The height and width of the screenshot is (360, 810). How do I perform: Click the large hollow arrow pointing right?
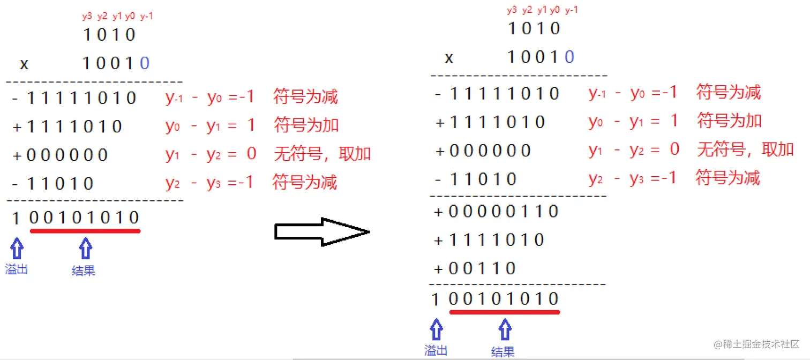tap(321, 231)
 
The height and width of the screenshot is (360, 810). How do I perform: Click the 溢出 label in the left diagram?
tap(16, 269)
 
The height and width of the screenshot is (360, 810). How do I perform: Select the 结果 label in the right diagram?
tap(502, 351)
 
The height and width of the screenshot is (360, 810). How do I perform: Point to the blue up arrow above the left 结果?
tap(85, 249)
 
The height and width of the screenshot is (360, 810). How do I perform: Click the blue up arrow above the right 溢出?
tap(437, 329)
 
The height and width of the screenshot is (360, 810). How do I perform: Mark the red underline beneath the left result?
tap(85, 231)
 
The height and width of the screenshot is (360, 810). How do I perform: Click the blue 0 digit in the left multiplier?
tap(144, 64)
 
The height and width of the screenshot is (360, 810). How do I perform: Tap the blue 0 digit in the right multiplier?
tap(569, 57)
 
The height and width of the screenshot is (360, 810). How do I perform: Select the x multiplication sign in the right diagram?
tap(449, 58)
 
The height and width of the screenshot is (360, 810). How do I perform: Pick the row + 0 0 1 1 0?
tap(475, 268)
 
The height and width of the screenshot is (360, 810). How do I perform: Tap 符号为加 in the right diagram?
tap(729, 121)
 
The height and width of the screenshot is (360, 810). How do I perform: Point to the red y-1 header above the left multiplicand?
tap(147, 17)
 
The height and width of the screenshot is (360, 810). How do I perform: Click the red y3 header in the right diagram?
tap(512, 10)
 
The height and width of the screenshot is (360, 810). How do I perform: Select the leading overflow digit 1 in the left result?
tap(16, 218)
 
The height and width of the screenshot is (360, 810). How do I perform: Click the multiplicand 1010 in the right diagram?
tap(534, 28)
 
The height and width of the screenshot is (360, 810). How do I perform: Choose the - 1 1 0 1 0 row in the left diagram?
tap(52, 184)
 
